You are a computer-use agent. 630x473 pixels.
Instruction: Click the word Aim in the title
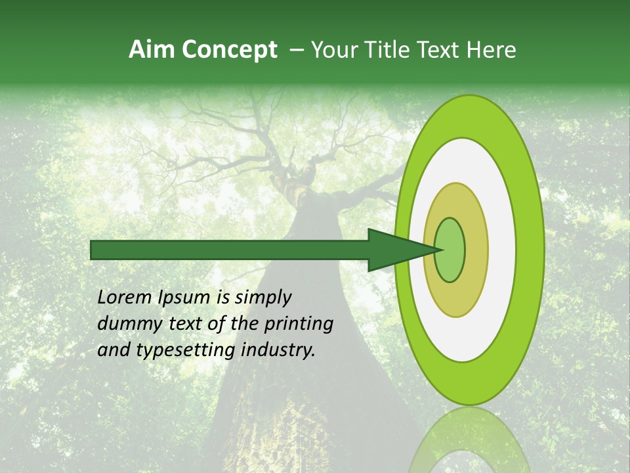(x=152, y=50)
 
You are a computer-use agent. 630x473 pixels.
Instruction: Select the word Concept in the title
(x=229, y=50)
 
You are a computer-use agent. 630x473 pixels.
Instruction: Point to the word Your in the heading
(x=333, y=50)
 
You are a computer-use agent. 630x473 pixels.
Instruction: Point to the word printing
(x=299, y=325)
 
